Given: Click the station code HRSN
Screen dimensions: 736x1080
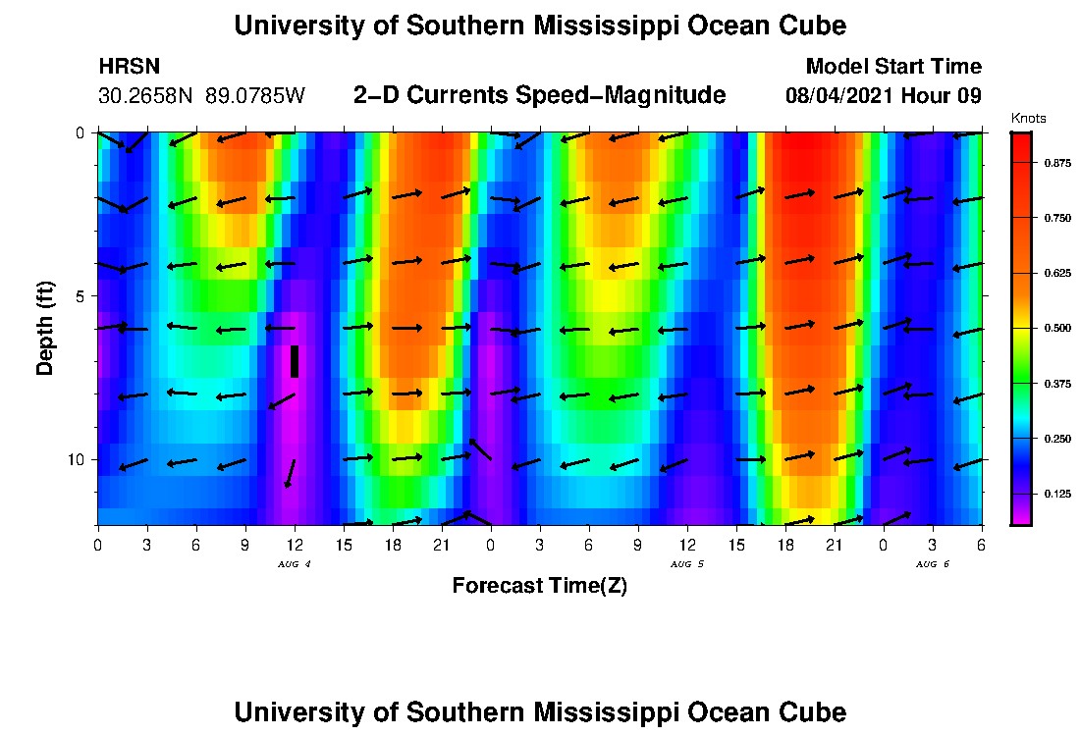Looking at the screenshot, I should click(x=130, y=67).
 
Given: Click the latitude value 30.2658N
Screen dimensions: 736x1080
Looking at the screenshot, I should click(x=147, y=96).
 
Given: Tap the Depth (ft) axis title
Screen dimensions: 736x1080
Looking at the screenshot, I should click(x=45, y=328).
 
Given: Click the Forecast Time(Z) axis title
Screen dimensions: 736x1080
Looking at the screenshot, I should click(x=539, y=586).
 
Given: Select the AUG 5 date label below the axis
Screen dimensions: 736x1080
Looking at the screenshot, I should click(x=686, y=564).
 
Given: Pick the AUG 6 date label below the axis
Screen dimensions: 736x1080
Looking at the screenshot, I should click(x=932, y=564).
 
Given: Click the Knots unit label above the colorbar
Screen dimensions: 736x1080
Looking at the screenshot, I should click(x=1028, y=119).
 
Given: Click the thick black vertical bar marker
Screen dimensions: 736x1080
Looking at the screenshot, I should click(x=295, y=361).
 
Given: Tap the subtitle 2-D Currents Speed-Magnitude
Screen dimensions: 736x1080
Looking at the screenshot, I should click(x=539, y=95).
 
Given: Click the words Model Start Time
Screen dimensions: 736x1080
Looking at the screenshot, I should click(x=892, y=67).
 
